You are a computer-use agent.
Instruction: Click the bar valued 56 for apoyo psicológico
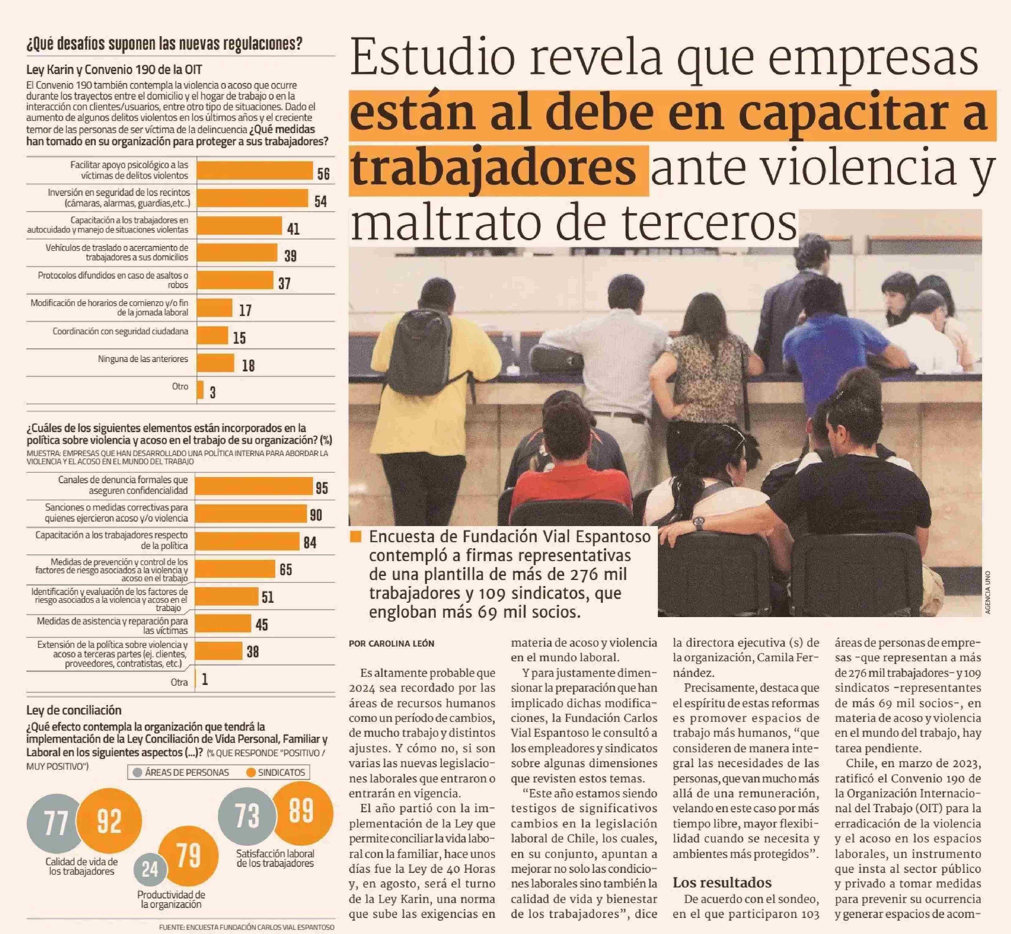255,170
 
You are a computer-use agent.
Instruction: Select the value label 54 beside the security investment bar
321,202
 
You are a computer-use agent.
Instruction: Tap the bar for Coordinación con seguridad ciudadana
212,335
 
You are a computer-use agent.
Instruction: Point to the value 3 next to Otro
213,393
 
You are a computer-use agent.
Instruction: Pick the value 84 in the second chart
310,543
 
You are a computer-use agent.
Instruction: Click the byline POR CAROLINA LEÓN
391,643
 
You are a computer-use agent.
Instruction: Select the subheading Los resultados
722,883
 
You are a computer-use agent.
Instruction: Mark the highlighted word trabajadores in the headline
493,169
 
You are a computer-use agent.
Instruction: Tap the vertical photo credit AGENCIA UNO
988,592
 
